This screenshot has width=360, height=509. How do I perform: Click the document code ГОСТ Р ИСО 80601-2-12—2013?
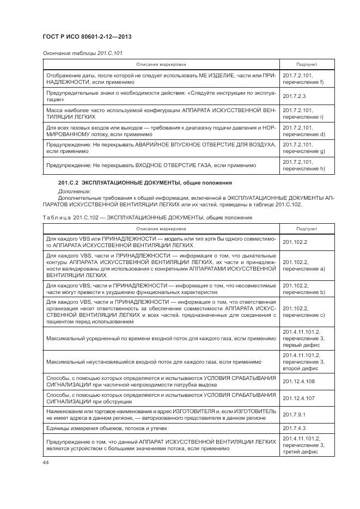tap(87, 36)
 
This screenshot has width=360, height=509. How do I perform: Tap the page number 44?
tap(45, 462)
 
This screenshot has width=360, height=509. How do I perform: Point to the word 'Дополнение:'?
tap(73, 191)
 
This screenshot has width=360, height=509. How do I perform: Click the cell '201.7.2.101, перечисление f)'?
tap(303, 78)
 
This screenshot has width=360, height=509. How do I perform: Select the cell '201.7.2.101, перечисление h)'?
tap(303, 165)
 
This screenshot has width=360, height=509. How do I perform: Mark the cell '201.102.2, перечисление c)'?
tap(303, 311)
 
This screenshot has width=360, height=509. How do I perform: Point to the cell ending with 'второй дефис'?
tap(303, 361)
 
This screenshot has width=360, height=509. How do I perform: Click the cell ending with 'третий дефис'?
tap(303, 445)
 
